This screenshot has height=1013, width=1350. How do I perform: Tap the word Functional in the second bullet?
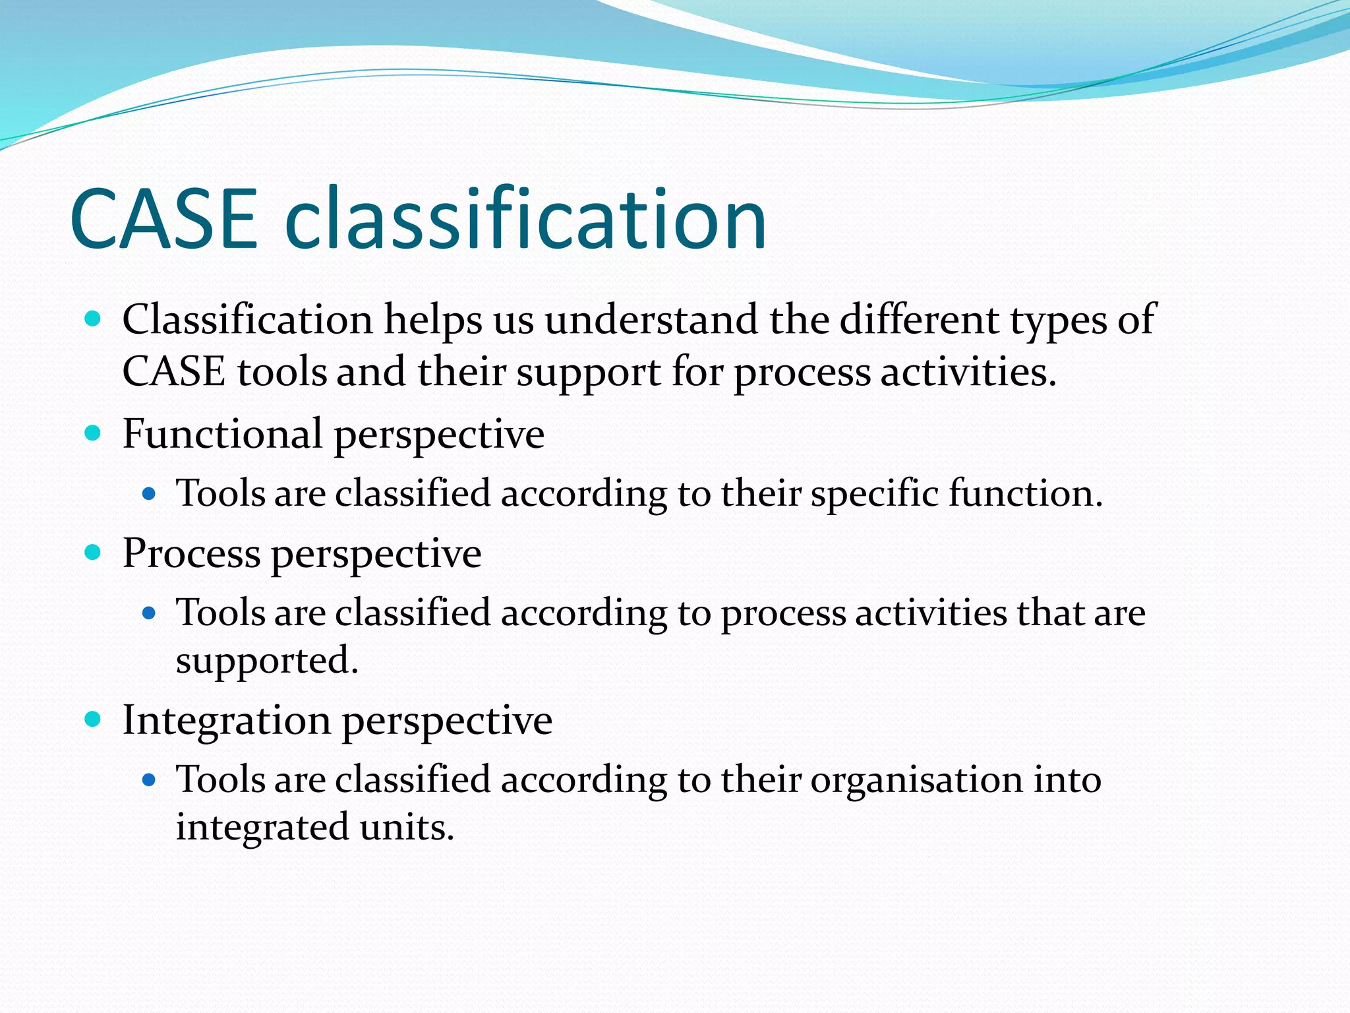click(x=223, y=434)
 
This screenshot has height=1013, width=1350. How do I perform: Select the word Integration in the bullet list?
click(x=226, y=720)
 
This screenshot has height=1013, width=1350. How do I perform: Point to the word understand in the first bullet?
click(x=651, y=320)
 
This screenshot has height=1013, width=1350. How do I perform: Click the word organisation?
click(x=916, y=780)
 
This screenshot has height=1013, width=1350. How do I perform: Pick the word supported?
click(x=266, y=661)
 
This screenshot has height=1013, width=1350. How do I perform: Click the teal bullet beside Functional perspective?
click(x=93, y=433)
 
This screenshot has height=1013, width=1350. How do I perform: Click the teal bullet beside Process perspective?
click(x=93, y=553)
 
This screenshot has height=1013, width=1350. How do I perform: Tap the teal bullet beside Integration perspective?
click(x=93, y=719)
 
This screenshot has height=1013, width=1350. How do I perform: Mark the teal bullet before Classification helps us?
click(x=93, y=319)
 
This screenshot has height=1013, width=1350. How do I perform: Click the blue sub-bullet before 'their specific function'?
click(x=149, y=493)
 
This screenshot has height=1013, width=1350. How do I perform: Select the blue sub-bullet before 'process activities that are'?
click(x=149, y=613)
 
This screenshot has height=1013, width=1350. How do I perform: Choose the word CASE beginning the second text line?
click(x=174, y=372)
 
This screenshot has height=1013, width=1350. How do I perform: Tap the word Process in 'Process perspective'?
click(x=191, y=553)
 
